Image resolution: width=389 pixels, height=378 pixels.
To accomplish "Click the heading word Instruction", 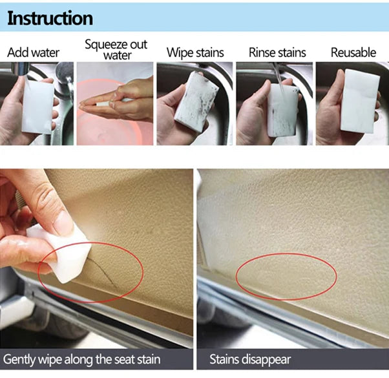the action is [50, 18].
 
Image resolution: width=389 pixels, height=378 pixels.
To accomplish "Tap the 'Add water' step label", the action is [33, 52].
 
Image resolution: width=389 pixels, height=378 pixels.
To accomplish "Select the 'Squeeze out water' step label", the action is [116, 50].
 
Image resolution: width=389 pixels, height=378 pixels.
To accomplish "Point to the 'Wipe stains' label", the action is [195, 52].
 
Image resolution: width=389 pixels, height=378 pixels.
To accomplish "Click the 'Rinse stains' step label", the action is [277, 52].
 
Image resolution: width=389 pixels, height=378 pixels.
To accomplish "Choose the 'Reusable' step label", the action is [353, 52].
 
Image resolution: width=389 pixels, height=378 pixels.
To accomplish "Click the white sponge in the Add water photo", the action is [37, 105].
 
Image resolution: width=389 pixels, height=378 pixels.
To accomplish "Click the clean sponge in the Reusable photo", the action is [361, 100].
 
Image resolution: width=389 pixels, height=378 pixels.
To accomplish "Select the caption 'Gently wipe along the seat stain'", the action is [81, 359].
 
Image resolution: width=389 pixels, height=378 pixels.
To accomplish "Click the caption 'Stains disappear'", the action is [250, 359].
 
